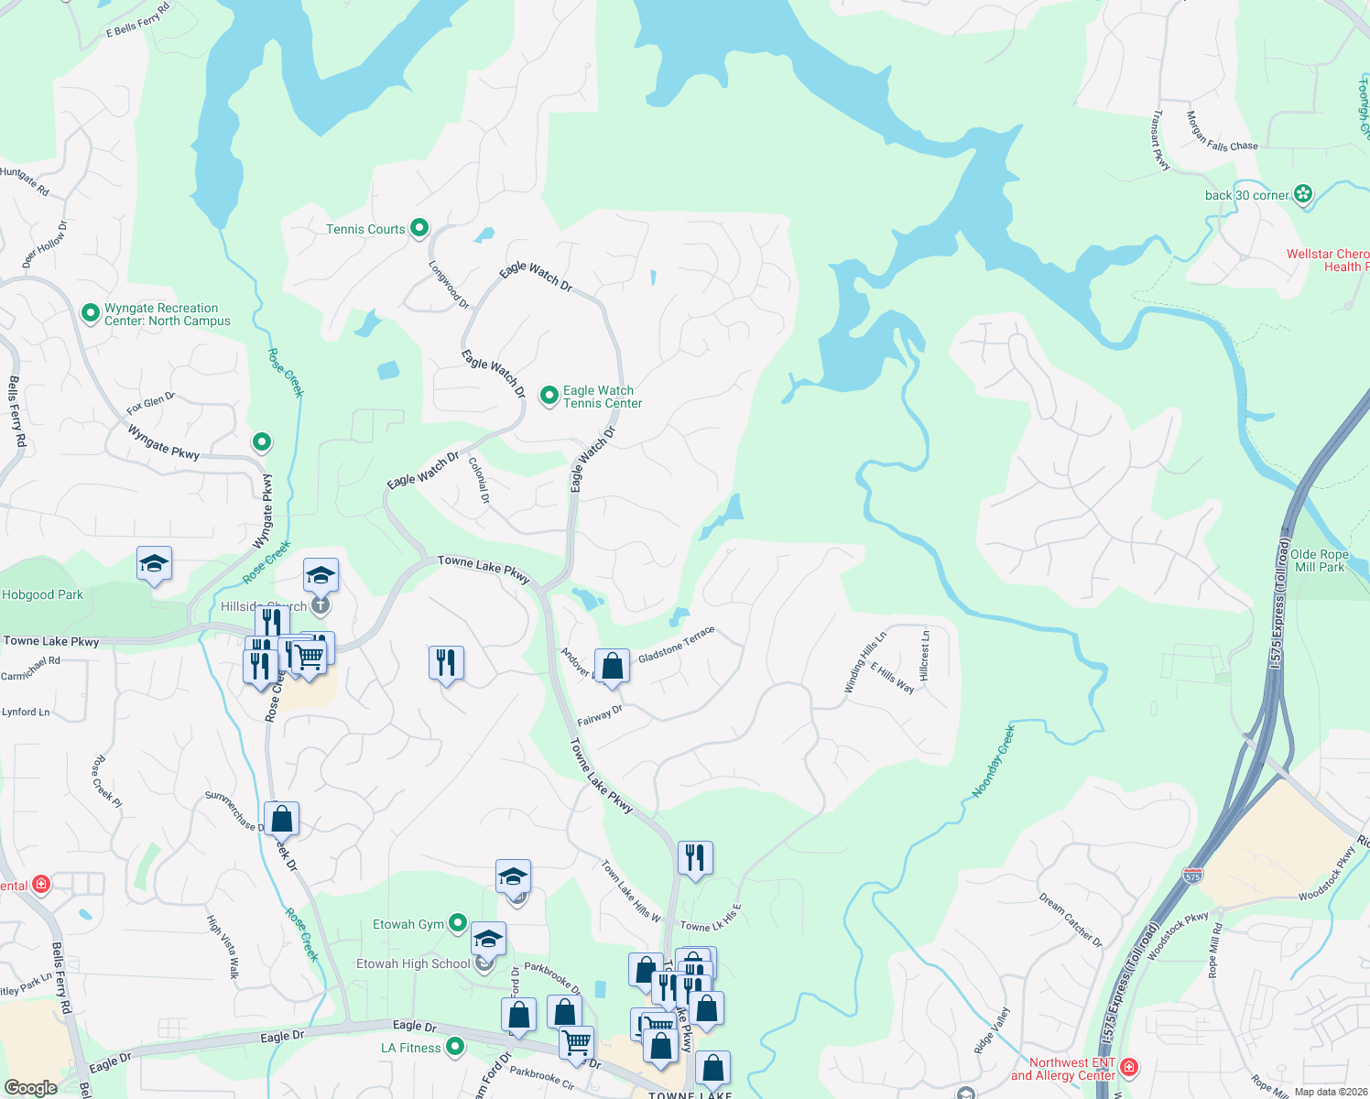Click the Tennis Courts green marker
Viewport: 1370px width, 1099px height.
[x=419, y=227]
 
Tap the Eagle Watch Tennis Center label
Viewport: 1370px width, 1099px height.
[x=602, y=397]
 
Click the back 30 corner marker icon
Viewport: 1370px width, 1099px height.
[x=1303, y=194]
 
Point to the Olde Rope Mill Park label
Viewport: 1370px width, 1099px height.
[x=1319, y=560]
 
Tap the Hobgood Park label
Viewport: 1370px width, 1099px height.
[x=43, y=594]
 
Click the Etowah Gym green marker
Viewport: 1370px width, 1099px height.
[x=457, y=923]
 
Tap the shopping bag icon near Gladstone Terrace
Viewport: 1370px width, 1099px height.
[x=612, y=667]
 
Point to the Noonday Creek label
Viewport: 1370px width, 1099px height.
[x=994, y=761]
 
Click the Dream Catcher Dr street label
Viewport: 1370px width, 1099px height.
[x=1071, y=919]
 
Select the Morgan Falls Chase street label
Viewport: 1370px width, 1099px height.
[x=1222, y=133]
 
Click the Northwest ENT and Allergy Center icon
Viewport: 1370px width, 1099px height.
[x=1129, y=1068]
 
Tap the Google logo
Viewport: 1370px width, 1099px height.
[x=30, y=1087]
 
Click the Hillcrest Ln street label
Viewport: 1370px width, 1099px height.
[x=925, y=654]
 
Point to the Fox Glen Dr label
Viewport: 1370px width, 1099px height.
[x=150, y=403]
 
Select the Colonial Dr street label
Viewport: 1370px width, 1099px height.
[x=479, y=480]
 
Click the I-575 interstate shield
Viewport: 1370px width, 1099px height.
[x=1192, y=876]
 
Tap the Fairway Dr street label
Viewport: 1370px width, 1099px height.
[x=600, y=715]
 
